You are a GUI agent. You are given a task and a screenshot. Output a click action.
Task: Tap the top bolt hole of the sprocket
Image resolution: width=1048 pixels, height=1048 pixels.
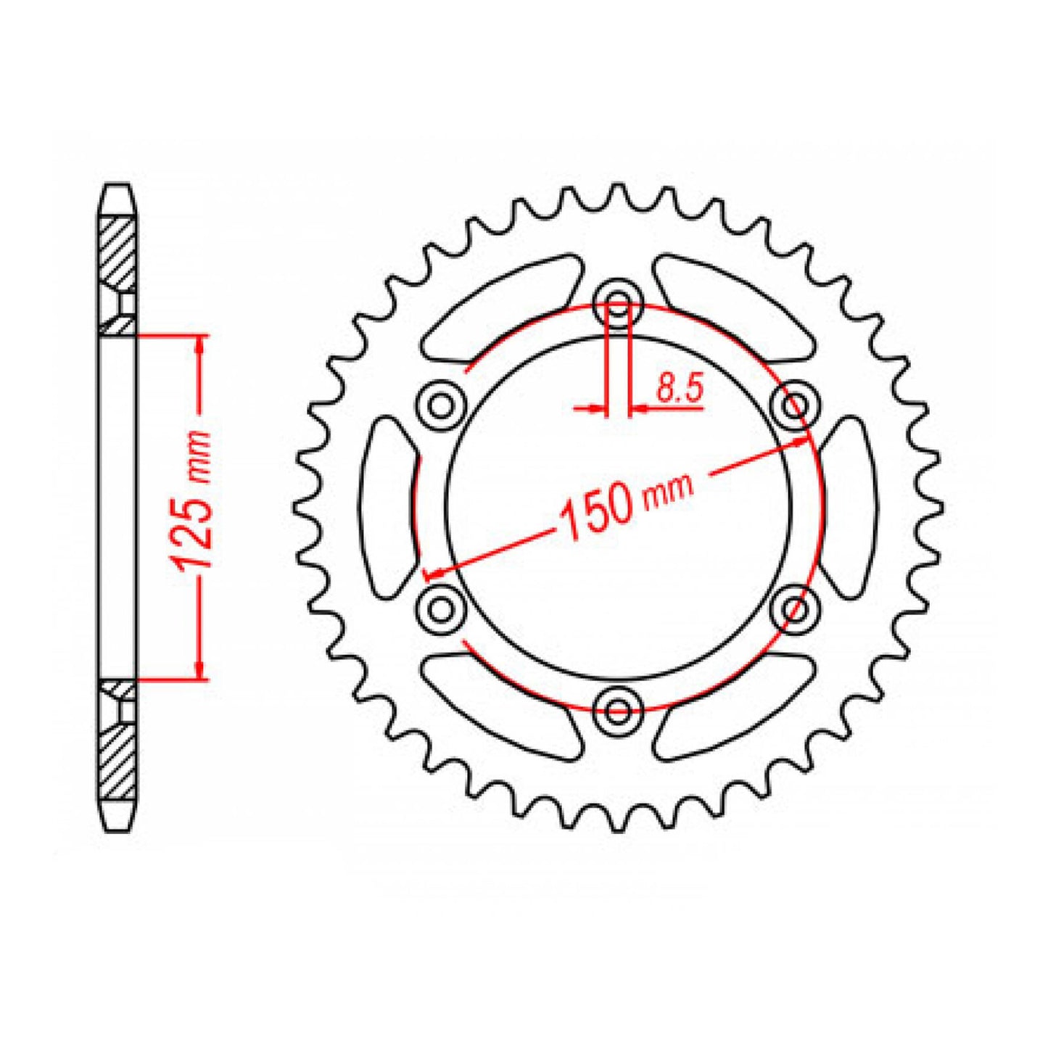(x=617, y=303)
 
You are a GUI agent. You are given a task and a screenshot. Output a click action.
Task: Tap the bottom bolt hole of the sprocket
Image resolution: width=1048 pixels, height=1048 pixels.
(x=617, y=710)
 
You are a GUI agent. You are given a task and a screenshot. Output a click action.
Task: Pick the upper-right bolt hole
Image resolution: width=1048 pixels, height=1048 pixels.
(x=795, y=404)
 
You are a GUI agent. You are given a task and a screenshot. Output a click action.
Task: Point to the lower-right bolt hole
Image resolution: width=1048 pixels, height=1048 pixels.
(x=795, y=608)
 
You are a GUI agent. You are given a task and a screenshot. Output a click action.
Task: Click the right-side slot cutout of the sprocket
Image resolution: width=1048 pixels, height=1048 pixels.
(x=846, y=507)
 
